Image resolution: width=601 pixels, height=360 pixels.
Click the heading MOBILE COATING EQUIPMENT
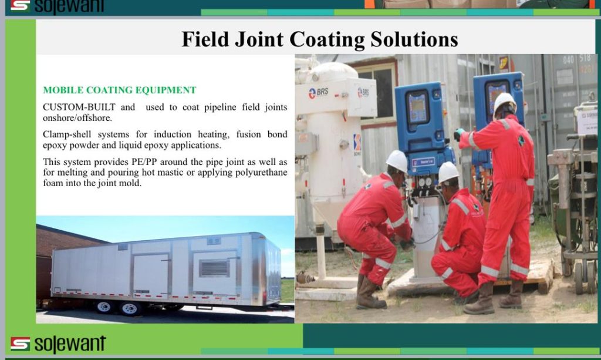(x=120, y=90)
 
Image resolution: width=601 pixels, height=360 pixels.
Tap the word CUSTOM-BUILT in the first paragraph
(x=79, y=107)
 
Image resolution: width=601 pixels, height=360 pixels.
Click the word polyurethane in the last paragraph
(x=261, y=173)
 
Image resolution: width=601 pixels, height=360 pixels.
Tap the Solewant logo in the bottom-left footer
(x=58, y=344)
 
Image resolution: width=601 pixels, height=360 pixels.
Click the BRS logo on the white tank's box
(x=319, y=92)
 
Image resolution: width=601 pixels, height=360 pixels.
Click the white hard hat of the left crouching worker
(x=397, y=161)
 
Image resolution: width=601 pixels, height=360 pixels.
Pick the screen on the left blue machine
(x=417, y=106)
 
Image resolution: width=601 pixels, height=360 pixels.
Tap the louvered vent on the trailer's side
(x=214, y=268)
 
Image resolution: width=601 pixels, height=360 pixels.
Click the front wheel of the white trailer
(x=130, y=308)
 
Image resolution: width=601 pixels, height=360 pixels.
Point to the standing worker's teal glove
(x=458, y=134)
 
